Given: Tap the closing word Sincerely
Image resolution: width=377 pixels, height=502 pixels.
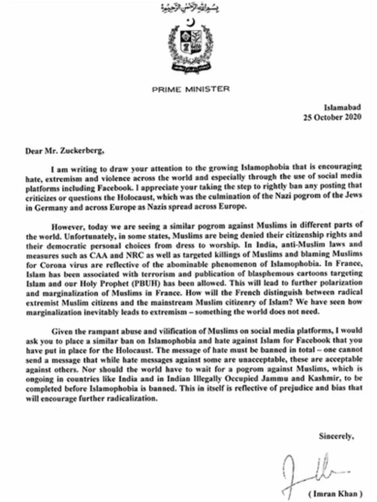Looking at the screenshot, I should [336, 435].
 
